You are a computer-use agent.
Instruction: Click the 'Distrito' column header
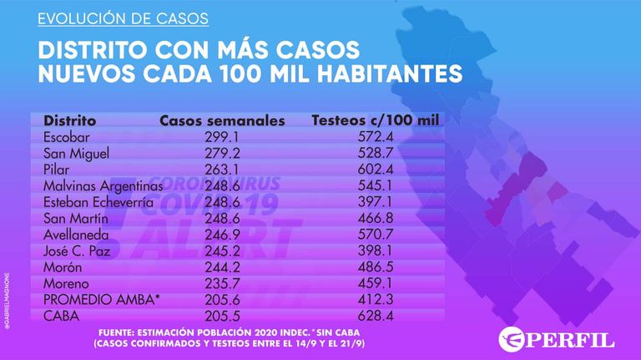[x=69, y=120]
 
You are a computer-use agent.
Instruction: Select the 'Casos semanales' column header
[x=222, y=120]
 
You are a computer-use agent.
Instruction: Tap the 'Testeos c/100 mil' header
[x=376, y=120]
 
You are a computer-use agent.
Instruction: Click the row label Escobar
[x=66, y=137]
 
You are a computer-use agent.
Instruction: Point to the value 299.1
[x=222, y=137]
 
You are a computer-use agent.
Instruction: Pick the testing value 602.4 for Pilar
[x=376, y=170]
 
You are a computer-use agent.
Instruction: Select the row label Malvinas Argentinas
[x=103, y=186]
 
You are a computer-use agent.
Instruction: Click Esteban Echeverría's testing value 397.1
[x=375, y=201]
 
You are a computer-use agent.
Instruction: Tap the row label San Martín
[x=76, y=219]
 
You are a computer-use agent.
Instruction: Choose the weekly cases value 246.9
[x=222, y=235]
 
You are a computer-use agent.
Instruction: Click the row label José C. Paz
[x=77, y=251]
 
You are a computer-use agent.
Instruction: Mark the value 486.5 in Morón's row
[x=376, y=266]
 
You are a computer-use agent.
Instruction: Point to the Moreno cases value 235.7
[x=222, y=283]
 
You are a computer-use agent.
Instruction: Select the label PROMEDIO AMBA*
[x=101, y=300]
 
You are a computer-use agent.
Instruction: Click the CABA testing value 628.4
[x=376, y=316]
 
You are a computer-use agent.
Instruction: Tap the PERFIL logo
[x=557, y=340]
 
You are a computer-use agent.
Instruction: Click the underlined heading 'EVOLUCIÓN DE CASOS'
[x=123, y=19]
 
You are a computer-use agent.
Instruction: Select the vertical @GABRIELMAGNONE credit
[x=7, y=301]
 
